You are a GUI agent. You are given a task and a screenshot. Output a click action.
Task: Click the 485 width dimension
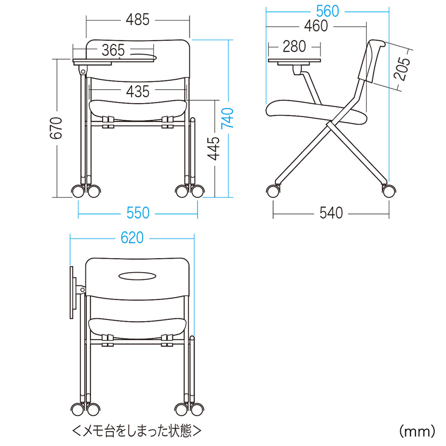click(x=138, y=20)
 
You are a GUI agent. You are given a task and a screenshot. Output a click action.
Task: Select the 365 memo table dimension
click(x=113, y=50)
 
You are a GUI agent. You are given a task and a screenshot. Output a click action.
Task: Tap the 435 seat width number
click(x=138, y=91)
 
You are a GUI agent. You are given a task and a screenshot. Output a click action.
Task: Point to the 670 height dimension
click(x=56, y=128)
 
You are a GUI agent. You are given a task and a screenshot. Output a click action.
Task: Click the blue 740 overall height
click(x=227, y=118)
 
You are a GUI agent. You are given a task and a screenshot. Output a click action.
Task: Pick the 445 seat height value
click(x=214, y=148)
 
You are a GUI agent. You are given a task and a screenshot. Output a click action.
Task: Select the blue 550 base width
click(x=138, y=213)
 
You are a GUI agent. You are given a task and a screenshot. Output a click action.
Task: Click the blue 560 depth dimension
click(x=327, y=11)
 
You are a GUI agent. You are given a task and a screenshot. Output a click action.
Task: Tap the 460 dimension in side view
click(x=316, y=26)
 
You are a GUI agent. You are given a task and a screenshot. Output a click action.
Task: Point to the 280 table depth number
click(x=294, y=46)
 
